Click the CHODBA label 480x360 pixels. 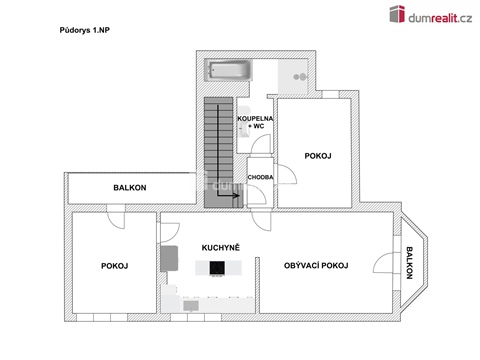(x=261, y=178)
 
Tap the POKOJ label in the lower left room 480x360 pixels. (x=114, y=266)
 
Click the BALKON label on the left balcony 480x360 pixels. (x=130, y=187)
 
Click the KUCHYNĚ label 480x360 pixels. (x=220, y=245)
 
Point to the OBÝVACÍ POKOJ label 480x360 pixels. (x=315, y=266)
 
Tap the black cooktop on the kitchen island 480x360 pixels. (x=216, y=267)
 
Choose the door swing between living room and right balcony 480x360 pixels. (x=384, y=264)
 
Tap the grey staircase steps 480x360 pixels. (x=217, y=150)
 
